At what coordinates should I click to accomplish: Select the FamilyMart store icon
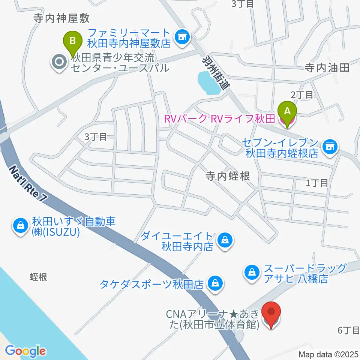[x=183, y=37]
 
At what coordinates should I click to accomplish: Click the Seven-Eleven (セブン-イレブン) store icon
[x=330, y=146]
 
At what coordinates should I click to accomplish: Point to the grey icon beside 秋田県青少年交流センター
[x=59, y=63]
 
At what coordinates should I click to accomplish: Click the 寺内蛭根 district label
[x=228, y=176]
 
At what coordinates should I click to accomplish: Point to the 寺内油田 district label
[x=327, y=68]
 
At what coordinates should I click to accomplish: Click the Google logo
[x=25, y=351]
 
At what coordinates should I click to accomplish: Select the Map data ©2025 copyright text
[x=328, y=354]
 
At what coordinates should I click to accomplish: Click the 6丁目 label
[x=348, y=330]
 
